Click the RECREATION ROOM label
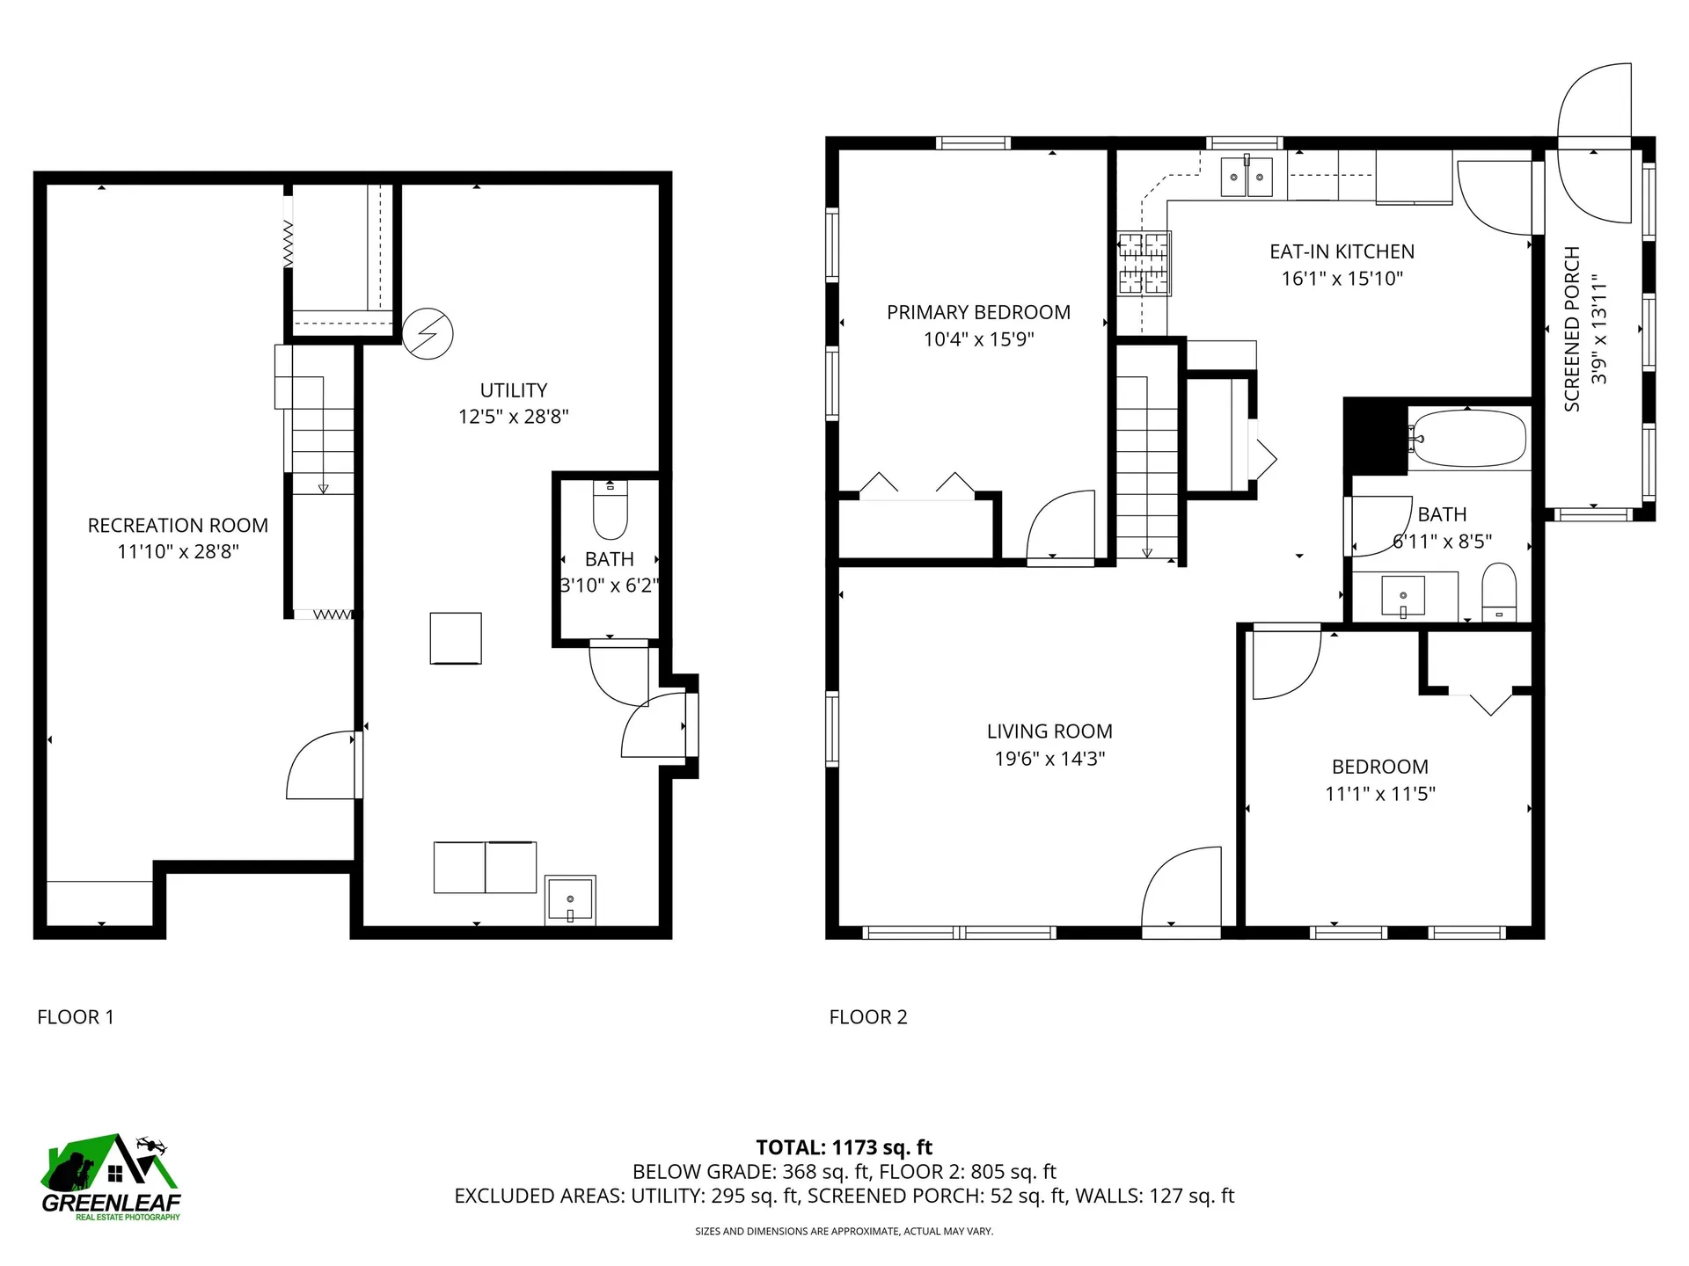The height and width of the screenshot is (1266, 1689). click(x=178, y=526)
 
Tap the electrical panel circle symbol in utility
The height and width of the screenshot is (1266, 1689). click(x=428, y=334)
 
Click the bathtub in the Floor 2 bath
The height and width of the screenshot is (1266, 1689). click(x=1467, y=439)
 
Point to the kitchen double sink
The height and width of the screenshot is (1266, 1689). click(x=1247, y=178)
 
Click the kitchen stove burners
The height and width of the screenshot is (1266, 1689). click(x=1144, y=263)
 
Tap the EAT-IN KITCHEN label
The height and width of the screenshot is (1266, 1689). click(x=1342, y=251)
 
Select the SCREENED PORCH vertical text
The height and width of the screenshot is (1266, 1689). click(x=1572, y=329)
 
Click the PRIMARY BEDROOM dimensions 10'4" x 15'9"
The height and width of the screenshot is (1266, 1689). click(x=978, y=339)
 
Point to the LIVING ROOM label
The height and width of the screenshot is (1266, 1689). click(x=1049, y=731)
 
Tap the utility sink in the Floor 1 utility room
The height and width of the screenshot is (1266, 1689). click(x=570, y=899)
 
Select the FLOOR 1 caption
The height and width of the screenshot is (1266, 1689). click(x=76, y=1017)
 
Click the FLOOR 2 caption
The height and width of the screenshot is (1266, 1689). click(x=868, y=1017)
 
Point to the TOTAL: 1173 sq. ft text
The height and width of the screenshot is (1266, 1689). click(x=844, y=1147)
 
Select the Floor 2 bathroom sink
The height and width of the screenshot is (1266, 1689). click(x=1404, y=596)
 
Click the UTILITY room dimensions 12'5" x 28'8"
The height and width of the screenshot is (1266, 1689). click(x=514, y=417)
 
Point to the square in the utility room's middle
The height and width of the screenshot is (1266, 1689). click(x=456, y=638)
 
